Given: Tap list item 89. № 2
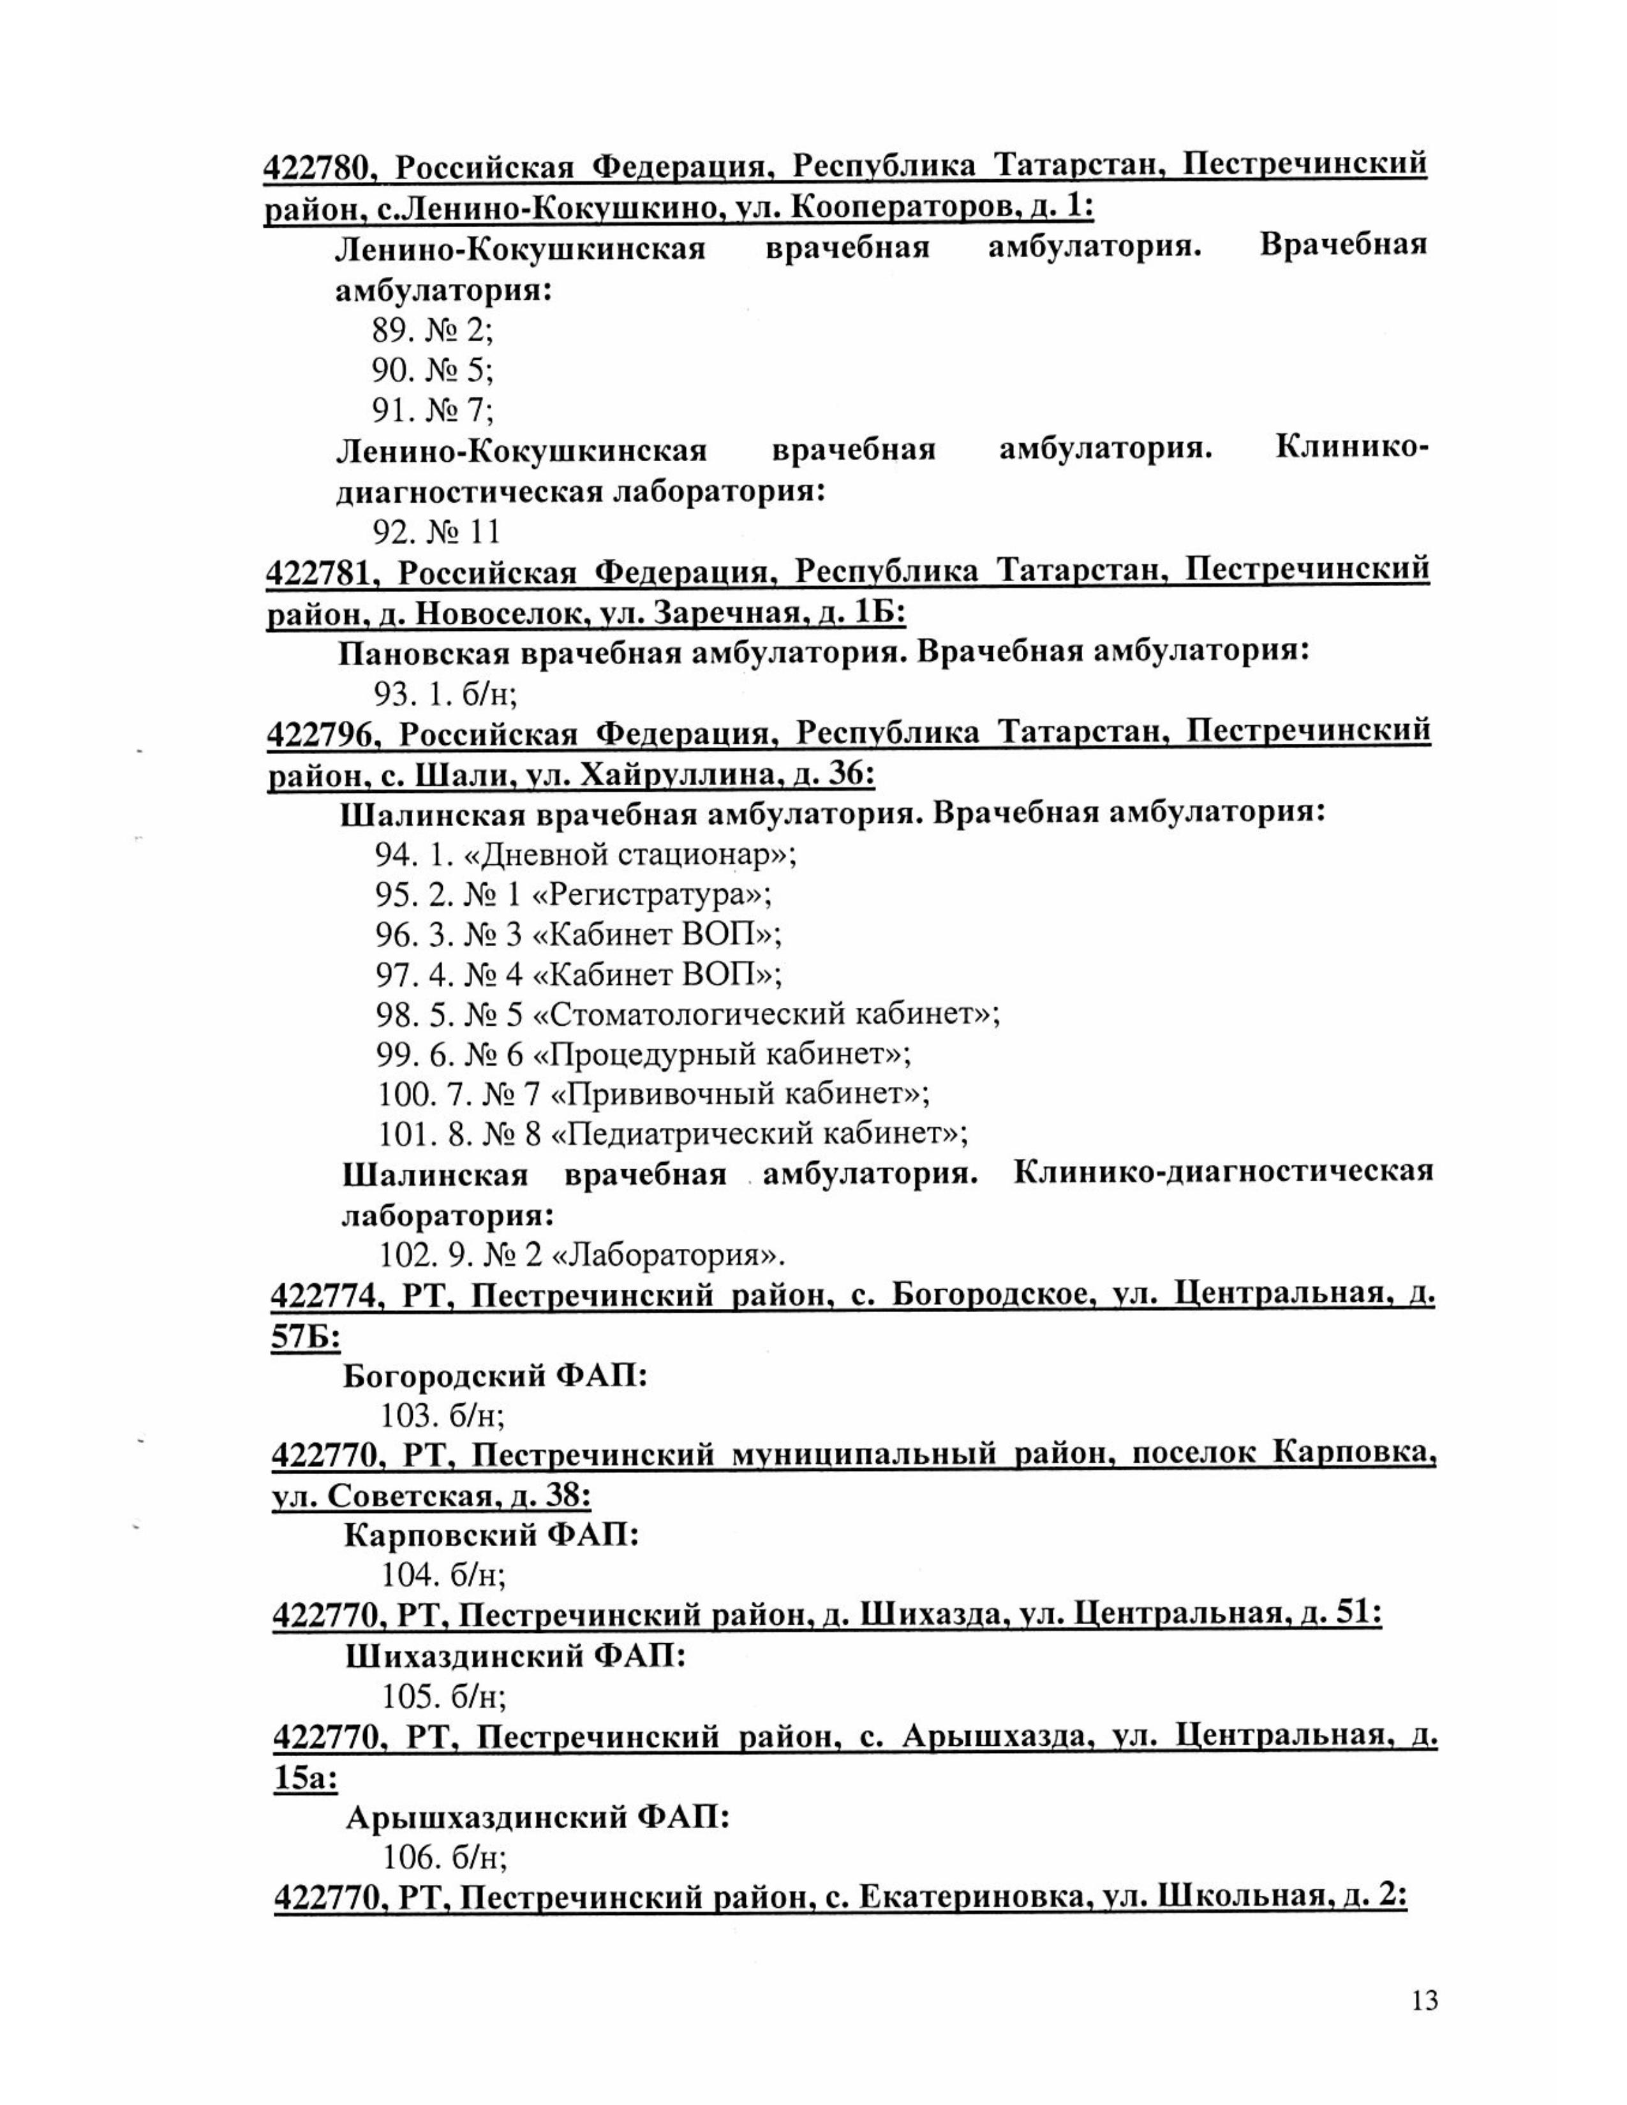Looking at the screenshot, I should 432,330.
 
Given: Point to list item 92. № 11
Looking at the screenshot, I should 436,531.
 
